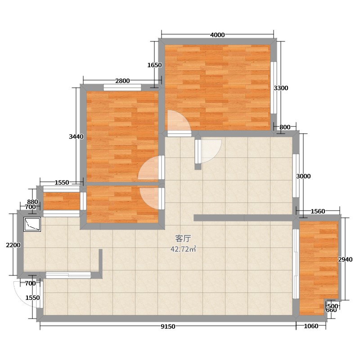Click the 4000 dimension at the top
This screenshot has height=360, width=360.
click(x=217, y=35)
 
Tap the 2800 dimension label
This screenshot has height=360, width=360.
click(x=122, y=81)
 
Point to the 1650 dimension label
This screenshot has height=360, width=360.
click(x=154, y=65)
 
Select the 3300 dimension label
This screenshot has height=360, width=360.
click(x=281, y=88)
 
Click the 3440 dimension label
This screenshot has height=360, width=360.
click(x=76, y=137)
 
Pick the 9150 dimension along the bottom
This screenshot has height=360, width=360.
click(x=168, y=327)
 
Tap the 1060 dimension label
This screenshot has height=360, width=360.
click(x=311, y=326)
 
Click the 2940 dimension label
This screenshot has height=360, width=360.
click(x=345, y=260)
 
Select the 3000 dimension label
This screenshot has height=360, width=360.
click(x=303, y=176)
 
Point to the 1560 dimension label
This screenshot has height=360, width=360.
click(x=318, y=211)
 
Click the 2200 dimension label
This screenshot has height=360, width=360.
click(x=13, y=245)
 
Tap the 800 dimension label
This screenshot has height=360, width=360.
click(x=285, y=127)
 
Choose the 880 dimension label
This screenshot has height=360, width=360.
click(x=32, y=202)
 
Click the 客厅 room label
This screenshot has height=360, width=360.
click(x=183, y=239)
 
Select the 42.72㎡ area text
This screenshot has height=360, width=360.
click(x=183, y=249)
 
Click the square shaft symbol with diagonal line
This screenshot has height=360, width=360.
click(x=32, y=224)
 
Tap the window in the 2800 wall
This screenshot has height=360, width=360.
click(x=122, y=87)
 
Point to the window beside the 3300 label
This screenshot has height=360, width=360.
click(x=274, y=87)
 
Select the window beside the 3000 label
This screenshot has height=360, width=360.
click(x=296, y=175)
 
